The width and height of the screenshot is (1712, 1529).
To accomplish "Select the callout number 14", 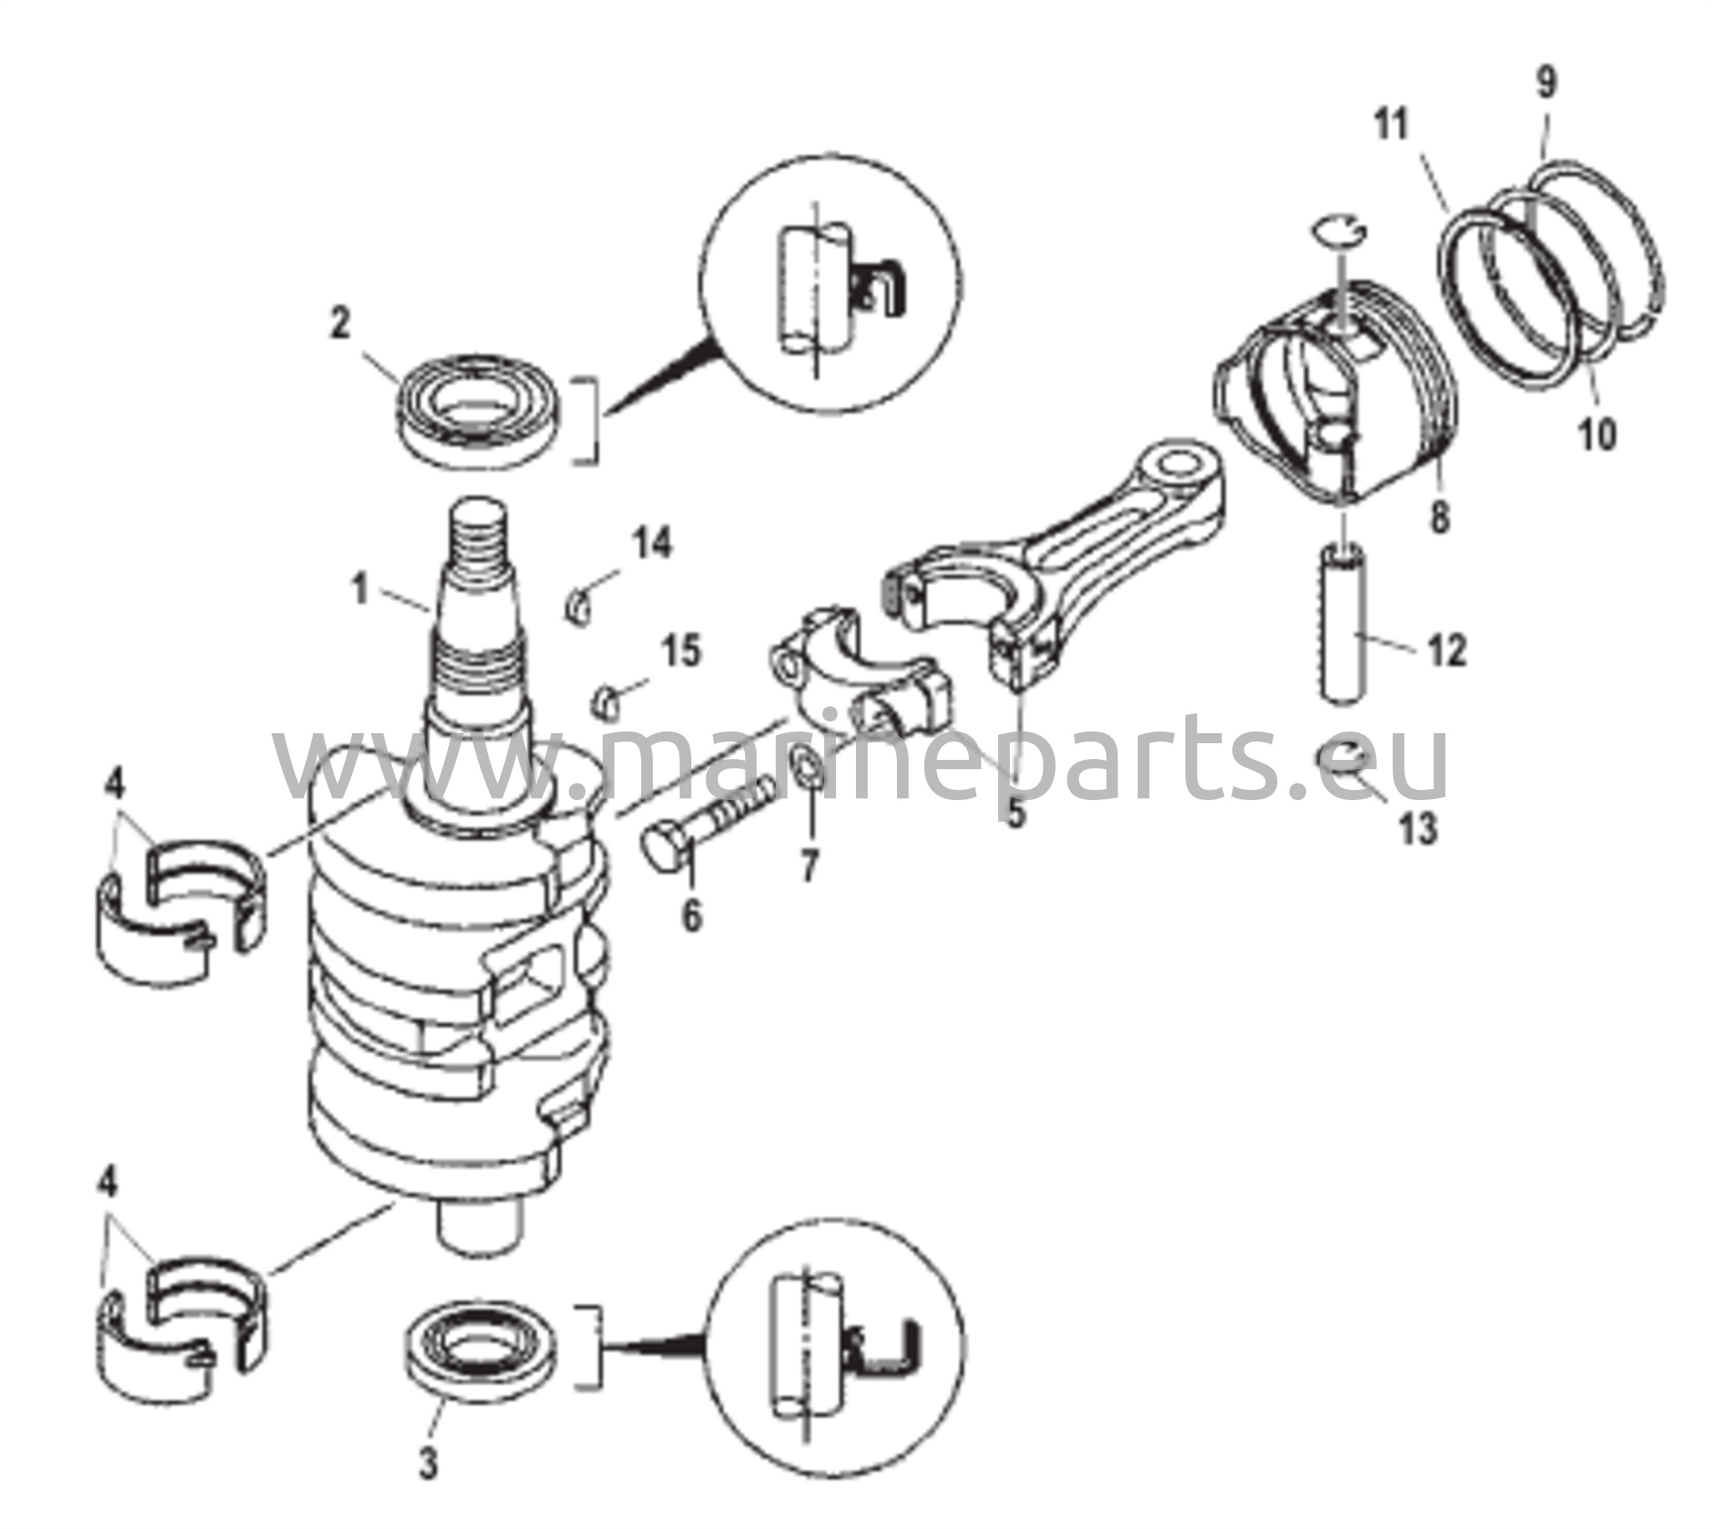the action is coord(653,543).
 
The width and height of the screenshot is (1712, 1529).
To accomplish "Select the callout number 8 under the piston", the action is coord(1439,517).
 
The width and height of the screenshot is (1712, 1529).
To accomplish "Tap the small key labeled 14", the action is coord(578,608).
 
